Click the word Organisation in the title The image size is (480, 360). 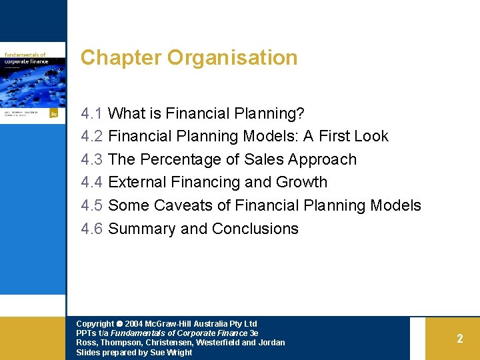coord(232,58)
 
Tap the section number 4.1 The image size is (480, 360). coord(91,113)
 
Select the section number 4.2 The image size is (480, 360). coord(91,136)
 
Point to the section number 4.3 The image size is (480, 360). coord(91,159)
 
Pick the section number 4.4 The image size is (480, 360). coord(91,182)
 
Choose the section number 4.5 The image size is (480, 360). coord(91,205)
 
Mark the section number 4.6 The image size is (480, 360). coord(91,229)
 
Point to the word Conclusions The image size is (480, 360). coord(255,229)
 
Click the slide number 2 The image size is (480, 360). coord(459,339)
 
